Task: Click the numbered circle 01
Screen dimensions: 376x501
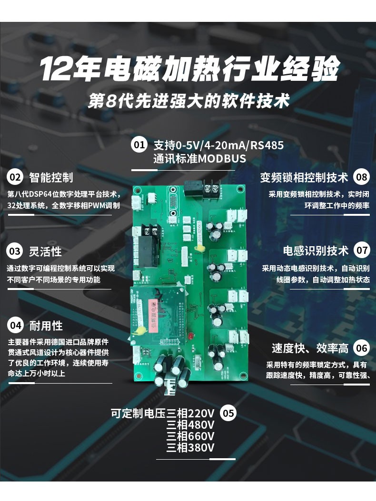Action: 139,145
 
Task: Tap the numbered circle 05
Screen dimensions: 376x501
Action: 228,413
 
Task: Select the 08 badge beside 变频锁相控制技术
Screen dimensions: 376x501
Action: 362,177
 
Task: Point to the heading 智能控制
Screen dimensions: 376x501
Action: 51,177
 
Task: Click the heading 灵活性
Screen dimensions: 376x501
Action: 45,251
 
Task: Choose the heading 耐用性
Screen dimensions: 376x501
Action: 46,326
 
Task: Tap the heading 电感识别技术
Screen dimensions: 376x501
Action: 316,250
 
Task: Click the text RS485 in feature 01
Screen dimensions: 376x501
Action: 267,145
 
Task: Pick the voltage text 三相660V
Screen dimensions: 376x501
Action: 190,436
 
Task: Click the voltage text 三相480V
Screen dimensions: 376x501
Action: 190,425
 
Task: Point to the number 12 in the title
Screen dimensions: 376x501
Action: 55,69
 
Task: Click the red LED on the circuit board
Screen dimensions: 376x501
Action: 190,336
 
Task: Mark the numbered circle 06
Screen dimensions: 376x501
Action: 362,348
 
